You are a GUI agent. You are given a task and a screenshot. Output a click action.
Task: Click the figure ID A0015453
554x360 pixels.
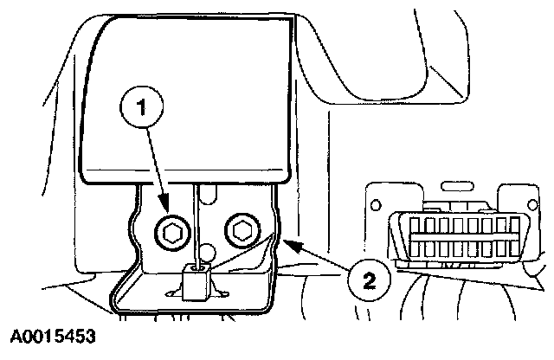click(x=53, y=334)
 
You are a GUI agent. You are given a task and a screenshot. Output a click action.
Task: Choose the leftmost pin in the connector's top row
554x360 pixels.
click(x=417, y=228)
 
